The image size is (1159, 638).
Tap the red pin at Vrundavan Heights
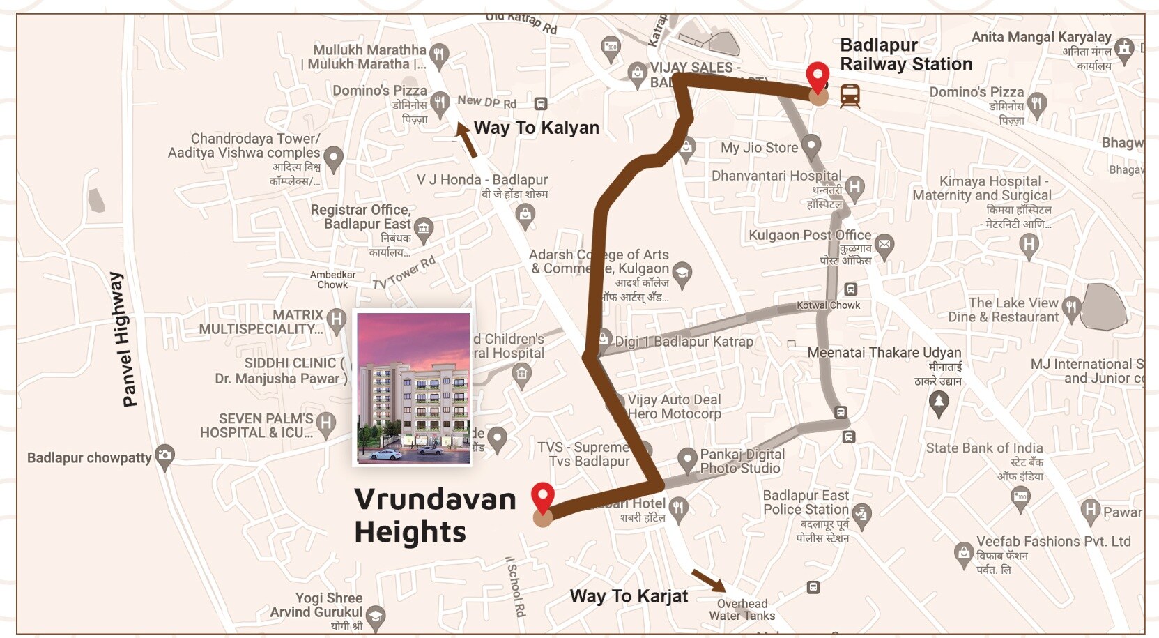[x=543, y=497]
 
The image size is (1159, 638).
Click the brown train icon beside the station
[x=850, y=96]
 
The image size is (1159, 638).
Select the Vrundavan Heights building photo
[x=413, y=388]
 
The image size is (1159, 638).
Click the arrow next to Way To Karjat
[x=708, y=581]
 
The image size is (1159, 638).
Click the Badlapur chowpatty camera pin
[x=164, y=457]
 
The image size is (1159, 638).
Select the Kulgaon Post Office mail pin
[x=884, y=245]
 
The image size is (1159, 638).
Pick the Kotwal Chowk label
[x=828, y=305]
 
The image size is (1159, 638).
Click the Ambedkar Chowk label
[x=332, y=280]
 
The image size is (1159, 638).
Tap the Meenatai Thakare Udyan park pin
[x=939, y=403]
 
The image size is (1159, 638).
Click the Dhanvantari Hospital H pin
[x=854, y=187]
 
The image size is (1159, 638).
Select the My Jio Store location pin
[x=811, y=146]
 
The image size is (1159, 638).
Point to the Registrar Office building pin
[x=423, y=228]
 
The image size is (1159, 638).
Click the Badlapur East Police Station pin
[x=862, y=515]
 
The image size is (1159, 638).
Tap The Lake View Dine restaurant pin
[x=1071, y=307]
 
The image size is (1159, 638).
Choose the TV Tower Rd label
[x=404, y=273]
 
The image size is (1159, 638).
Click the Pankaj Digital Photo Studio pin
[x=687, y=459]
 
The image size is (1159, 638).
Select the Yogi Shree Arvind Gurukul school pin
[x=376, y=616]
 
